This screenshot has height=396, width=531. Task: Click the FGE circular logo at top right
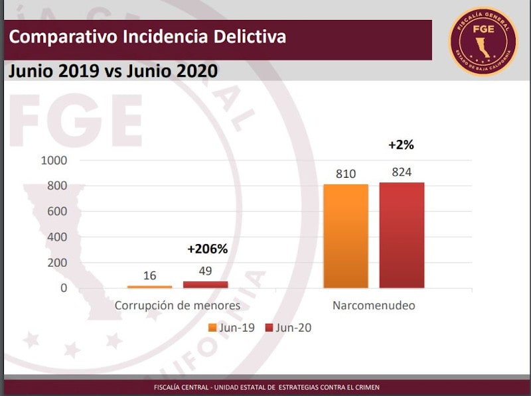pos(483,41)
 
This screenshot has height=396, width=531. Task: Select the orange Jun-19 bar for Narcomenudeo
pos(346,235)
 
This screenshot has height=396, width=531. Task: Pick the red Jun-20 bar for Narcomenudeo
pos(402,235)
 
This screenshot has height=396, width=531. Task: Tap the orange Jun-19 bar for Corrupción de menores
pos(149,287)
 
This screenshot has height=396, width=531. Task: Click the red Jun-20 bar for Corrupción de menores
pos(205,285)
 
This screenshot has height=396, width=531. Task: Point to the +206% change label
pos(207,249)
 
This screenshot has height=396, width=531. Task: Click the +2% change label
pos(402,145)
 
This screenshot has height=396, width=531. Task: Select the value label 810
pos(346,174)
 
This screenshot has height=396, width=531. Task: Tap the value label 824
pos(402,172)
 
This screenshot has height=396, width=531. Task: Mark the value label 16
pos(149,275)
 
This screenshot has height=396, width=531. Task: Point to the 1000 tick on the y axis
pos(54,161)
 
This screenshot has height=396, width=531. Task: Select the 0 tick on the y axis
pos(64,289)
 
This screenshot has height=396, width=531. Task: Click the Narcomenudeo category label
pos(374,306)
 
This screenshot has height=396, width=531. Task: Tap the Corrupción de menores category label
pos(177,306)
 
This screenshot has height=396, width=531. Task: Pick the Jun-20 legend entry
pos(288,328)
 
